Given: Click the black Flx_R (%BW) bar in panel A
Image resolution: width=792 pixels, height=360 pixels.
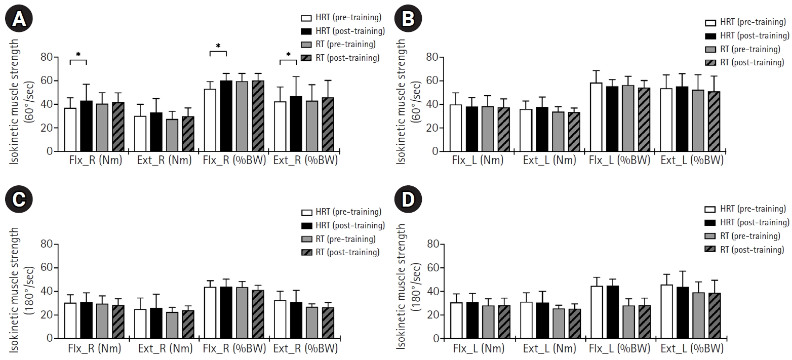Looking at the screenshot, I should coord(226,116).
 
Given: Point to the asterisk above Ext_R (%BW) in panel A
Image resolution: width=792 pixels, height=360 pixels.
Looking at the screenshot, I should coord(288,55).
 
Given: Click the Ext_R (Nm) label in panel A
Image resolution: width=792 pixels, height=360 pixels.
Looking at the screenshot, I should coord(165,162).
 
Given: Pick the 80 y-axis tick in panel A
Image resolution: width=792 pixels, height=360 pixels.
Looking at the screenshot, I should coord(47,57).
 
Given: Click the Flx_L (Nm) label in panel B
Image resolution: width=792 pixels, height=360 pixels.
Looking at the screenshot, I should coord(478,162).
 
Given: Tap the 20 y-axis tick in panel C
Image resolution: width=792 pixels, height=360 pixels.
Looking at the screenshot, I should coord(47,315).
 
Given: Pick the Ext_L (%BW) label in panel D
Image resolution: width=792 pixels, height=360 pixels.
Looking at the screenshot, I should coord(692,348).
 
